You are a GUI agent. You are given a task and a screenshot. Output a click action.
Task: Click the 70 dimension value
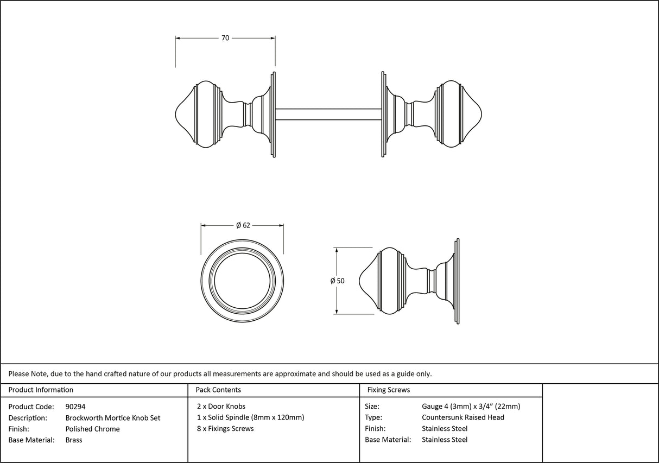tap(225, 38)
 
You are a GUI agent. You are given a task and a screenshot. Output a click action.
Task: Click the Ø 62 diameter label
tap(243, 226)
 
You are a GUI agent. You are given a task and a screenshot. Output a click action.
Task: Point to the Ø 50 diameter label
tap(337, 281)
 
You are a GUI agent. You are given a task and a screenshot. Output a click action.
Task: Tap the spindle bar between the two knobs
tap(328, 114)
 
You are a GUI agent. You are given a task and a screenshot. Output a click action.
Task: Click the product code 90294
tap(75, 407)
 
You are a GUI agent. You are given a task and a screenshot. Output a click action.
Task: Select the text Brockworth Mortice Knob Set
tap(112, 418)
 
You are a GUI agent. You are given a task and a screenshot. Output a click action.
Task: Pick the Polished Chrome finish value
tap(92, 429)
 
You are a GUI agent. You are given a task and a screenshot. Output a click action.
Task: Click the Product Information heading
tap(41, 390)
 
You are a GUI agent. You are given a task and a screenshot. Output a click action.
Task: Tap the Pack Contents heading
tap(218, 390)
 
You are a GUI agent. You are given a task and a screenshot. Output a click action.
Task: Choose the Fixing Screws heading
tap(389, 390)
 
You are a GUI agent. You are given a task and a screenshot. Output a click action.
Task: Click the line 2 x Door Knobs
tap(221, 407)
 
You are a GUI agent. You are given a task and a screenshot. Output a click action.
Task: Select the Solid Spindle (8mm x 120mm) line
tap(250, 417)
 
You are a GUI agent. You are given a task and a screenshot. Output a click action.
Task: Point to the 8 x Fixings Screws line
tap(225, 429)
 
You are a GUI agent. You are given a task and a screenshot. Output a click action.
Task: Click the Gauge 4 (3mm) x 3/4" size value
tap(471, 407)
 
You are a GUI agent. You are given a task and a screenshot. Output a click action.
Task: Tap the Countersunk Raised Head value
tap(462, 417)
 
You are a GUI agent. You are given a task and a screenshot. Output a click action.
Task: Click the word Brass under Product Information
tap(74, 440)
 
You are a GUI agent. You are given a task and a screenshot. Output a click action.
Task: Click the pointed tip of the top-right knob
tap(481, 114)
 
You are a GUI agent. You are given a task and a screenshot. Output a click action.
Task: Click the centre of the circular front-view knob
tap(242, 281)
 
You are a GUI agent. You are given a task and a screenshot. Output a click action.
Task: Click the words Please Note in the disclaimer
tap(27, 373)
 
